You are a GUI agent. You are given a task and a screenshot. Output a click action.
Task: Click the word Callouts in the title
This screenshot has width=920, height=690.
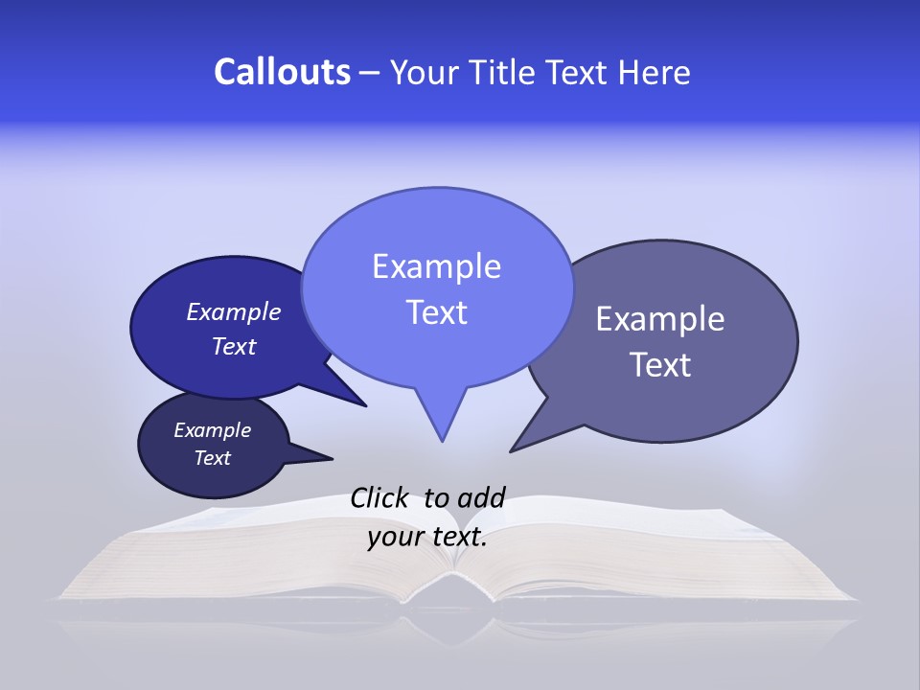[282, 72]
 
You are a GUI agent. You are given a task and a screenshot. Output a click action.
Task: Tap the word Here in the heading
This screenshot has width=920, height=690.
[656, 73]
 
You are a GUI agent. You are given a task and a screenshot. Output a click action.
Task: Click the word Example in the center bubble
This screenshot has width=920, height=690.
[436, 266]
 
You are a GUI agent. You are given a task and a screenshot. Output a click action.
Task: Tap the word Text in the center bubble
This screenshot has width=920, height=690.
[437, 312]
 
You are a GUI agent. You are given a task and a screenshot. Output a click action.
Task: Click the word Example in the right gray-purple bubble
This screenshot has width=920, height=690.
[660, 319]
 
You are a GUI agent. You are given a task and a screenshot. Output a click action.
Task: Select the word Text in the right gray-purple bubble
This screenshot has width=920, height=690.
[661, 365]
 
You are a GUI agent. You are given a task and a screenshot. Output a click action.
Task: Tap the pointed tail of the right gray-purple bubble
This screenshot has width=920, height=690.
[514, 448]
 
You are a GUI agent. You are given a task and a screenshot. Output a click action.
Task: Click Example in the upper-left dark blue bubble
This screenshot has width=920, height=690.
[234, 311]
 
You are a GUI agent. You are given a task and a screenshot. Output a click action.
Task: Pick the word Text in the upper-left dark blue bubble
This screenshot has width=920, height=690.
[234, 346]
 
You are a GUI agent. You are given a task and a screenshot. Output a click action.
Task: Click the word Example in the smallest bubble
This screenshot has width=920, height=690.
[212, 430]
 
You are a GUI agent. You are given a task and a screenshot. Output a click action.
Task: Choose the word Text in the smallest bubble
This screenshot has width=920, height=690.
[213, 458]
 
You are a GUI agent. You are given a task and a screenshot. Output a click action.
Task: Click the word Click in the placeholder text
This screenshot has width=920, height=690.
[380, 497]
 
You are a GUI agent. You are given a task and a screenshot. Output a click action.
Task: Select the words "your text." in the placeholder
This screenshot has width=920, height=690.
[427, 537]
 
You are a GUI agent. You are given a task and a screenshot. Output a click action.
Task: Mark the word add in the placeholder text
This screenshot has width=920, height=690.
[481, 497]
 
